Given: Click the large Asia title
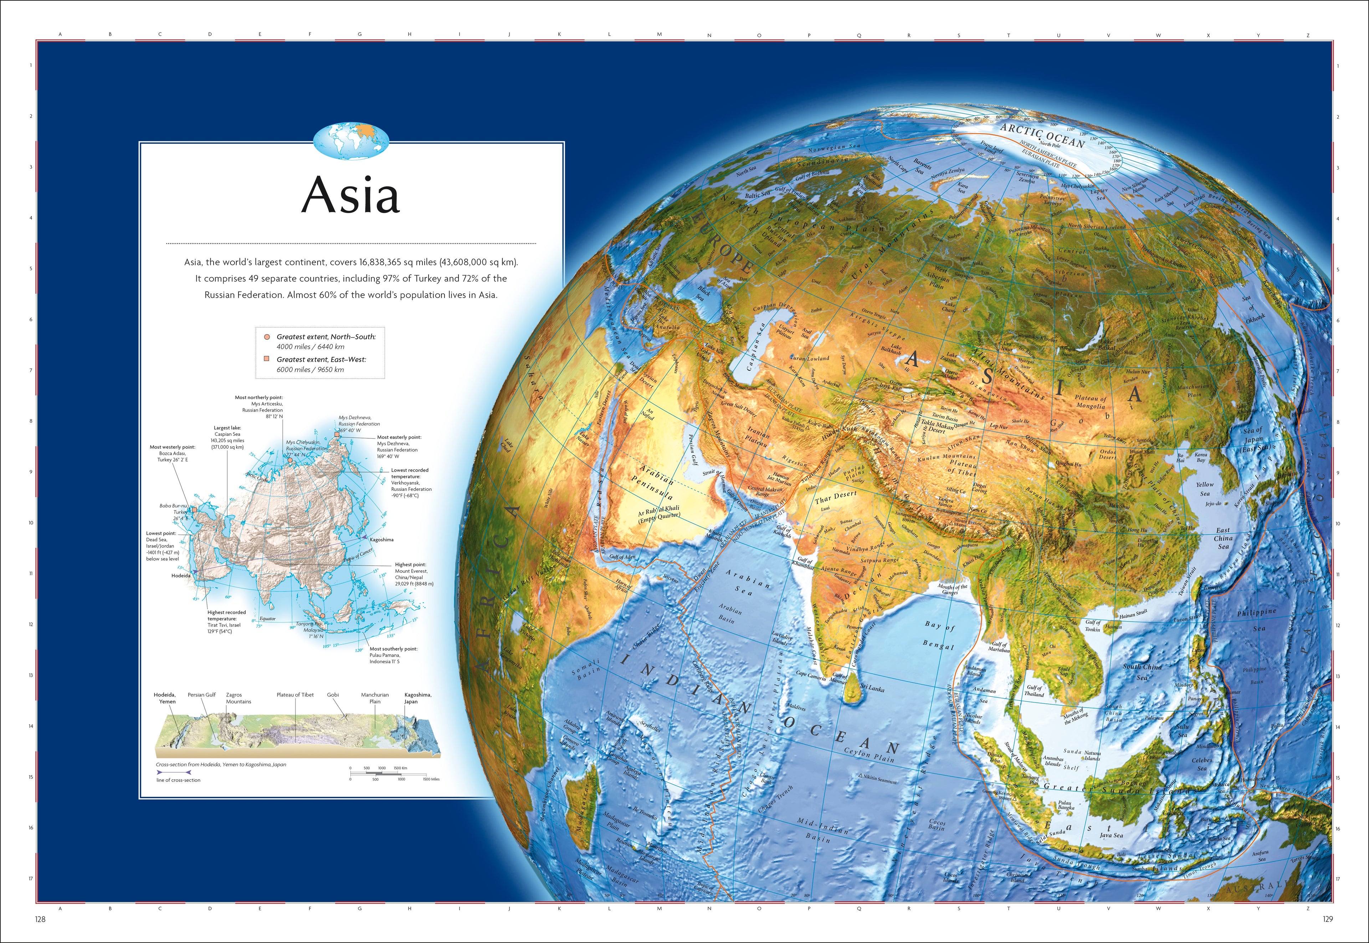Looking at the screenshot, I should click(350, 195).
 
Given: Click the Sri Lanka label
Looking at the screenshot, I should click(872, 688).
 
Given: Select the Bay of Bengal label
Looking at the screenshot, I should click(939, 635).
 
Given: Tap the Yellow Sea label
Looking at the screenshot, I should click(1205, 489).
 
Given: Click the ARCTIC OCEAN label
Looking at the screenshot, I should click(1042, 135).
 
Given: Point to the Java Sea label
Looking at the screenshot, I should click(1111, 835).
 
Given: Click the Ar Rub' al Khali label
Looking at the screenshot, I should click(658, 512).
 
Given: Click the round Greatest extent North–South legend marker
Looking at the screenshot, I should click(267, 337).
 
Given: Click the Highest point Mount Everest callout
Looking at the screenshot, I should click(414, 574).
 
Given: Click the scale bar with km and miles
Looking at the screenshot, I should click(394, 773).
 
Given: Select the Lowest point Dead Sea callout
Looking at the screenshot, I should click(163, 546).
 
